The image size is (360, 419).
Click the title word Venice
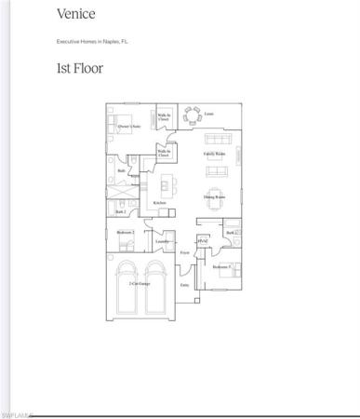click(x=74, y=15)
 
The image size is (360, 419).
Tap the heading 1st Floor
click(x=81, y=68)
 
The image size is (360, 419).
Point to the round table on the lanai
click(x=193, y=116)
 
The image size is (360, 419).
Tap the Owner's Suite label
click(x=128, y=125)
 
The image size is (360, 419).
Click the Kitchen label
click(x=159, y=202)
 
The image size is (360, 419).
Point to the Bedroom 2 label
click(x=126, y=232)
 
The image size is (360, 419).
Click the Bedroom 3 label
click(x=220, y=267)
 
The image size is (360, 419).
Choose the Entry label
click(x=184, y=286)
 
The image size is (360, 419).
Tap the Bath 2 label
click(x=120, y=212)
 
